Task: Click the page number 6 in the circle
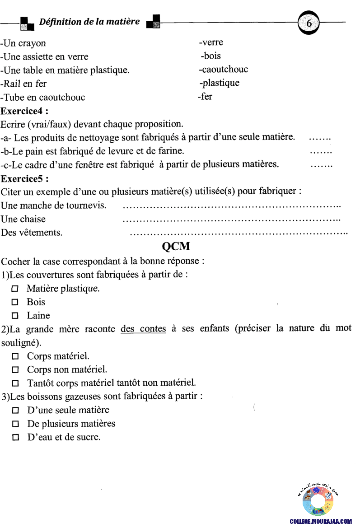pyautogui.click(x=309, y=23)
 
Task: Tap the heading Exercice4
pyautogui.click(x=25, y=111)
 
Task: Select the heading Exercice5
pyautogui.click(x=25, y=178)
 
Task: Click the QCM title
pyautogui.click(x=176, y=247)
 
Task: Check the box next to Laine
pyautogui.click(x=15, y=316)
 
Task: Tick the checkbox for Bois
pyautogui.click(x=15, y=302)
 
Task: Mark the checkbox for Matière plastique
pyautogui.click(x=15, y=289)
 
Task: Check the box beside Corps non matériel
pyautogui.click(x=15, y=370)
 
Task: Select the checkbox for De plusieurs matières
pyautogui.click(x=15, y=424)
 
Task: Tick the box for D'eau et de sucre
pyautogui.click(x=15, y=438)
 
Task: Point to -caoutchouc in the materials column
pyautogui.click(x=223, y=70)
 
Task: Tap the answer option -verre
pyautogui.click(x=211, y=42)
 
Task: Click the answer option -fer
pyautogui.click(x=205, y=96)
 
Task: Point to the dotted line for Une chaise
pyautogui.click(x=231, y=220)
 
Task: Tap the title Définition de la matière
pyautogui.click(x=89, y=22)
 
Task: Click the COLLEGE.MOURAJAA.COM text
pyautogui.click(x=321, y=521)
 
